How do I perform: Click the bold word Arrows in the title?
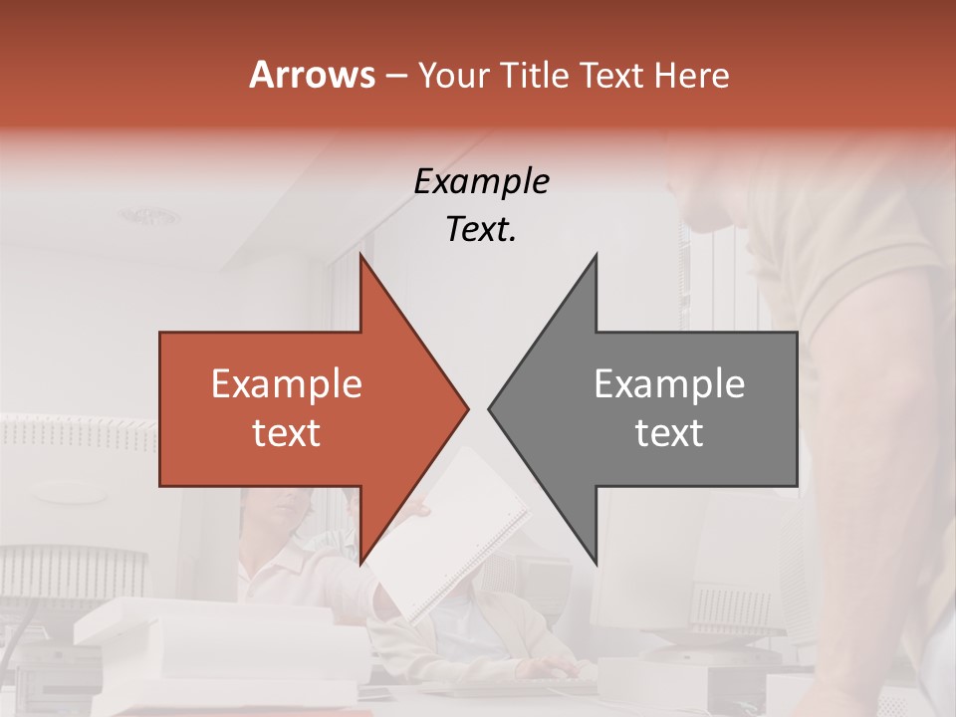tap(313, 75)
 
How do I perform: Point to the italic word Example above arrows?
tap(481, 181)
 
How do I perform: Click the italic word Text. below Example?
tap(481, 229)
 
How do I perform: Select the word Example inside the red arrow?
tap(287, 384)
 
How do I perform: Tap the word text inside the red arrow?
tap(287, 433)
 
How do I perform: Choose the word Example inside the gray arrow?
tap(669, 384)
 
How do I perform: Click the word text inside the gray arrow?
tap(669, 433)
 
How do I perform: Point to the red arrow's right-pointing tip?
tap(467, 408)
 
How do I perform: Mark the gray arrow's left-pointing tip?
tap(489, 408)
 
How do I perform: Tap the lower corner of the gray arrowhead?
tap(596, 564)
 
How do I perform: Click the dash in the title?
tap(395, 76)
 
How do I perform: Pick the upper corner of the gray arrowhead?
tap(596, 255)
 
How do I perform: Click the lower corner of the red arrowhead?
tap(360, 564)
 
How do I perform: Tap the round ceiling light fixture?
tap(151, 216)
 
